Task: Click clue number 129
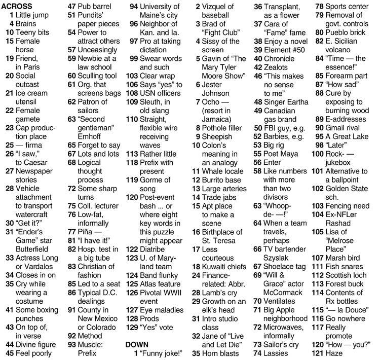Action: (x=132, y=327)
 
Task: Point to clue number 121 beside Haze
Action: (x=317, y=353)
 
